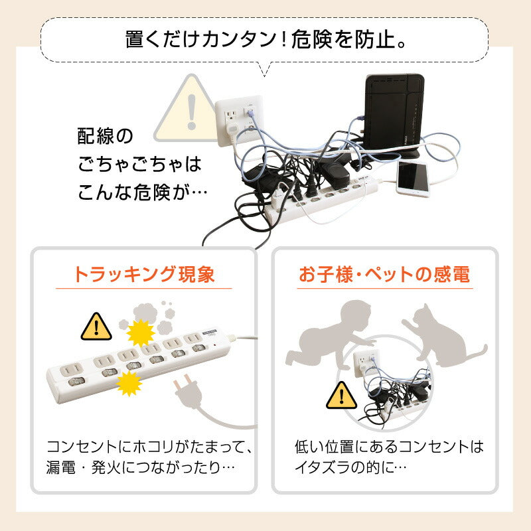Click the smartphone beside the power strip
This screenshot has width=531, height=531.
tap(412, 179)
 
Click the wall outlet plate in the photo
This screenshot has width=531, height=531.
tap(239, 120)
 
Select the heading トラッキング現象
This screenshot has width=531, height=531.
tap(144, 274)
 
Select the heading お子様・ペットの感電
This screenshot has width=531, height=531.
tap(384, 274)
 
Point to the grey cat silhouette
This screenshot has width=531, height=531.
tap(443, 337)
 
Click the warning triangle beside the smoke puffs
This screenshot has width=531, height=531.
tap(96, 327)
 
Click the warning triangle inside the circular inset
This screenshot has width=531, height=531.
tap(341, 396)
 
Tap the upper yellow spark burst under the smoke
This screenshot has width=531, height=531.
tap(141, 333)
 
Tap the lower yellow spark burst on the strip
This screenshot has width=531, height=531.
tap(129, 384)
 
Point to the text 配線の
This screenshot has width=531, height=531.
tap(105, 136)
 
